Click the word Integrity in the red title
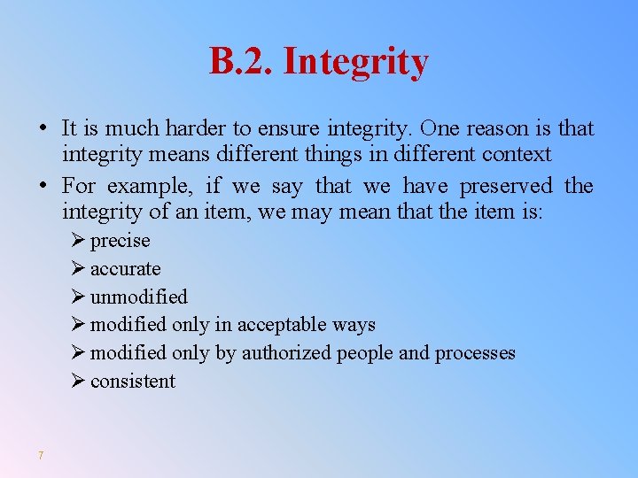(355, 63)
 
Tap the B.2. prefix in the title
(242, 62)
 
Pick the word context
(517, 155)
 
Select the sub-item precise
(121, 241)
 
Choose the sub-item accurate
(126, 269)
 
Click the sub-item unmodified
(139, 297)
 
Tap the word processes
(475, 353)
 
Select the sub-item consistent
(133, 382)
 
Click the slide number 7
(41, 456)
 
